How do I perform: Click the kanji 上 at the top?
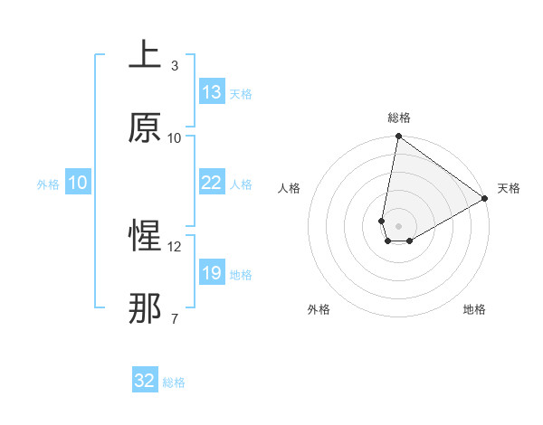pos(144,55)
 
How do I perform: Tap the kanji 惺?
pos(144,237)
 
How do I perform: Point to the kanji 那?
pos(144,309)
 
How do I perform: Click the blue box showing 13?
pos(212,92)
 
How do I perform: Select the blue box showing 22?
pos(212,183)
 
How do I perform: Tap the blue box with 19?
pos(212,273)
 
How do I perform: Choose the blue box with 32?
pos(145,381)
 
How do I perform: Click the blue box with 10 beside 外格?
pos(78,183)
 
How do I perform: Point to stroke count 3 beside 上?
pos(175,66)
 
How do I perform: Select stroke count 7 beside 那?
pos(175,319)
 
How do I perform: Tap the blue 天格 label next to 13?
pos(241,93)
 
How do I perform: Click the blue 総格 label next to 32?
pos(174,382)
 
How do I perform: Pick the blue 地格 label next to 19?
pos(241,274)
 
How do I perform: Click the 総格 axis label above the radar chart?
pos(399,117)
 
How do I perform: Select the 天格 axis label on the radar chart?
pos(509,188)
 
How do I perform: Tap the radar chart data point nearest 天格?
pos(485,199)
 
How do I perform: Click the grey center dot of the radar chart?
pos(399,226)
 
